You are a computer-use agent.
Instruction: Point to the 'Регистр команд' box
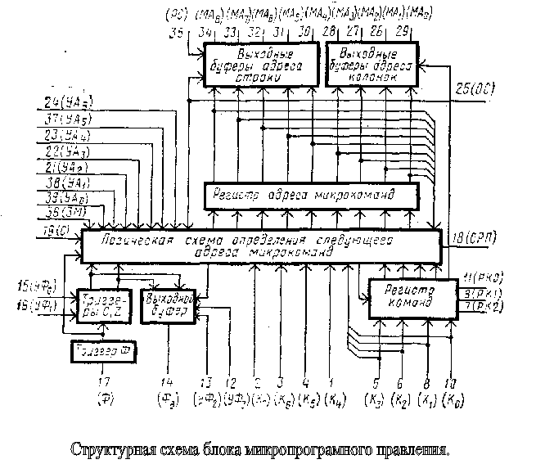click(404, 298)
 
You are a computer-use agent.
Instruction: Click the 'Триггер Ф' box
click(104, 353)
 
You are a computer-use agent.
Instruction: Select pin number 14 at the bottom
click(166, 382)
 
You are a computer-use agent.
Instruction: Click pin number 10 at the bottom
click(450, 382)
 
